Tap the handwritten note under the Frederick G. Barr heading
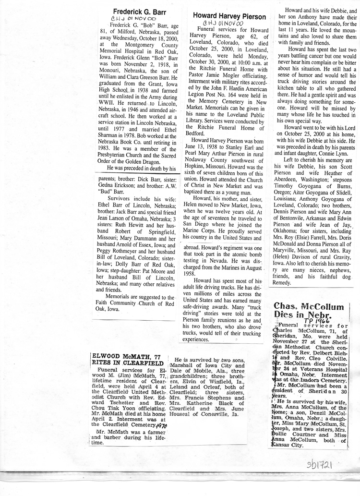point(127,19)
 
